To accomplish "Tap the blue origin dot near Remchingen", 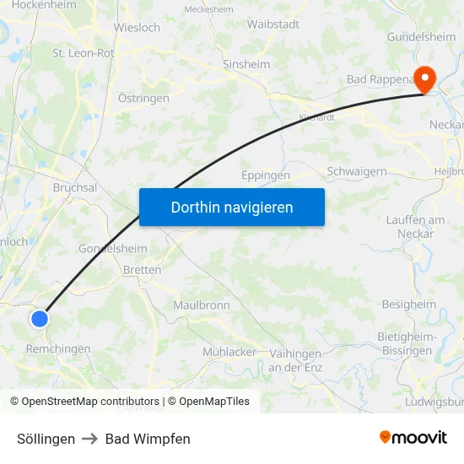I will point(40,318).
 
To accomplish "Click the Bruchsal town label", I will point(75,188).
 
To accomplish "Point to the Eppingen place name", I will point(266,175).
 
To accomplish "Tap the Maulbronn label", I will point(202,305).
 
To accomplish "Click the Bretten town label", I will point(142,270).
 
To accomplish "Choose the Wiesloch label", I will point(137,27).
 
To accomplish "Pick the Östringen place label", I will point(143,98).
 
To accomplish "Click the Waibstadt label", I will point(273,24).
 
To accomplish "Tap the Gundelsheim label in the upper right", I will point(421,37).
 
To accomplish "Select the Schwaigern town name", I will point(357,171).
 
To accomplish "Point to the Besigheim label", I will point(409,305).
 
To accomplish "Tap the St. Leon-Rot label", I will point(84,52).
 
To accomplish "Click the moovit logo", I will point(413,438).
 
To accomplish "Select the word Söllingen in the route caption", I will point(46,439).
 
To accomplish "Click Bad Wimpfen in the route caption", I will point(148,439).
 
